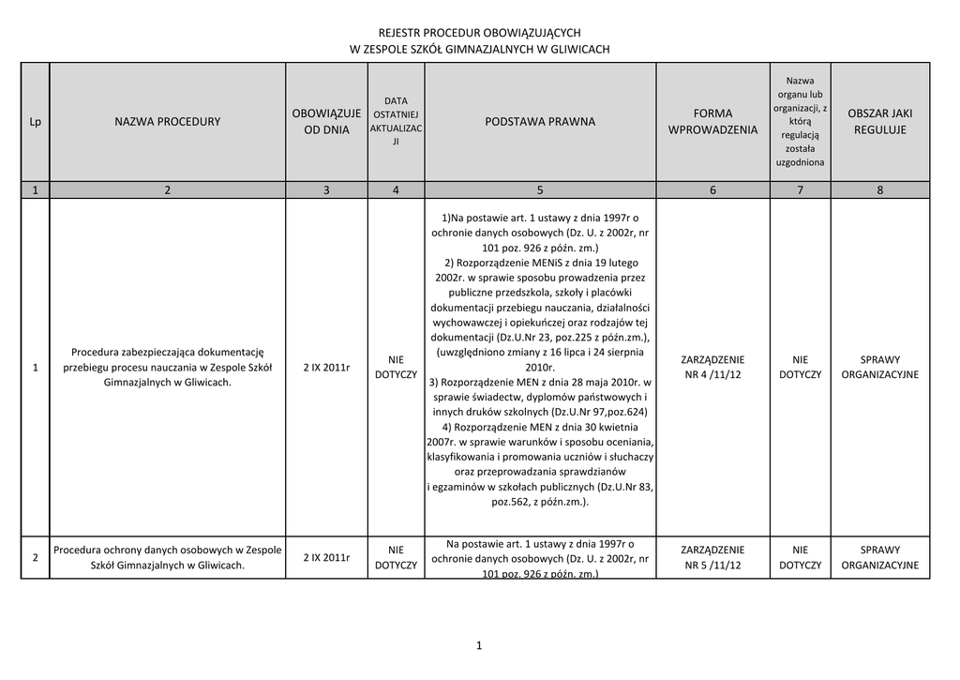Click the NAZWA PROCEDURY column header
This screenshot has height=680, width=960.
168,121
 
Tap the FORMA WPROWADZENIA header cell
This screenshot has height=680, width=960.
712,121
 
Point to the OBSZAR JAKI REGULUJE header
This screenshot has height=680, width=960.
879,121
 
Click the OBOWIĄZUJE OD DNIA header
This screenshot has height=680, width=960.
326,121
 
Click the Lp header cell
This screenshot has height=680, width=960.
35,121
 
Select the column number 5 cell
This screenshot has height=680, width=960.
540,190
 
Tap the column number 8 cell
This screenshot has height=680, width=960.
879,190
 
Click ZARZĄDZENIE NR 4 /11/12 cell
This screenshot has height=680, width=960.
712,367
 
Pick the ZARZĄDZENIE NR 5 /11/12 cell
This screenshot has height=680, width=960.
712,557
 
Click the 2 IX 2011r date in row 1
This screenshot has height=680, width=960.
326,367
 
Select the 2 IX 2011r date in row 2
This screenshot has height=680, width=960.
326,557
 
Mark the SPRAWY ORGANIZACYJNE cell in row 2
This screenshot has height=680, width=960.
879,557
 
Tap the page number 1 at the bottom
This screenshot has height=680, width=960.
478,645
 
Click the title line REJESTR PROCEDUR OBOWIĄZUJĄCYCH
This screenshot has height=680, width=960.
479,32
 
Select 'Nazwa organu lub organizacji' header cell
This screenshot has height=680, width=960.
800,121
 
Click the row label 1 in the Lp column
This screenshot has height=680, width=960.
35,367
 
